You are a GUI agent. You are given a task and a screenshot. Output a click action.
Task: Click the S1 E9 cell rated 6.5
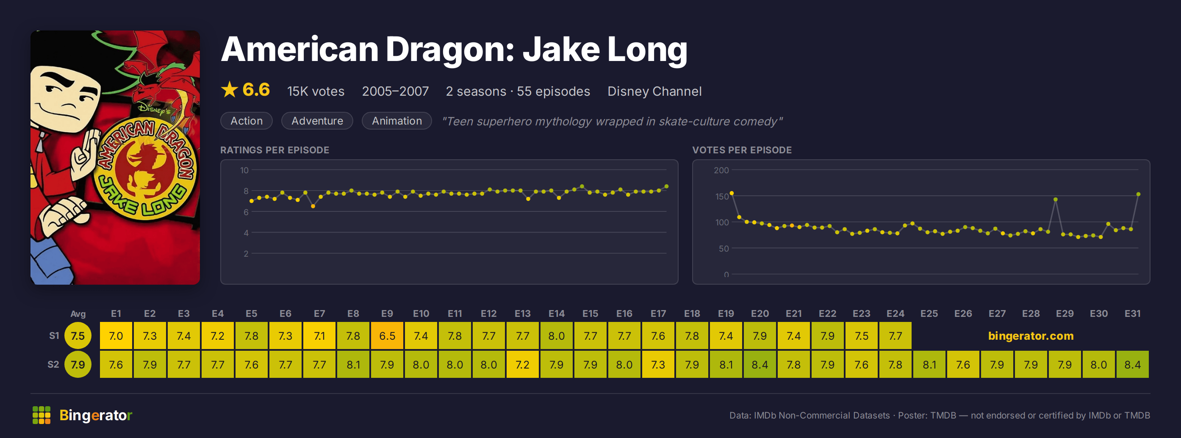tap(387, 336)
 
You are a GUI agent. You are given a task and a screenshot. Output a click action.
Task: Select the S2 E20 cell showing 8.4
tap(760, 365)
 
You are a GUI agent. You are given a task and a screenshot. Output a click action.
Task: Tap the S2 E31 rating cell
tap(1132, 365)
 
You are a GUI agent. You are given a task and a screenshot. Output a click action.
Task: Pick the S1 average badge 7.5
tap(78, 336)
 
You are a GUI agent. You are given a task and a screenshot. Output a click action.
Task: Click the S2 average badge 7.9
tap(78, 365)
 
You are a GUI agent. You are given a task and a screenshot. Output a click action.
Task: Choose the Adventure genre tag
tap(317, 121)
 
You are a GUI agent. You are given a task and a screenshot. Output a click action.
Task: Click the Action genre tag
tap(247, 121)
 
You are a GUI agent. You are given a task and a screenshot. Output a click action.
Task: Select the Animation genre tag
tap(397, 121)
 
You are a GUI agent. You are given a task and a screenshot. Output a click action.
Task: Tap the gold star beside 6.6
tap(229, 89)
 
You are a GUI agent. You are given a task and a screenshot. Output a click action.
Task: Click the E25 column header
tap(929, 314)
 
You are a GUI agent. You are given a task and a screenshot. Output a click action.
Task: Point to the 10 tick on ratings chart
tap(244, 170)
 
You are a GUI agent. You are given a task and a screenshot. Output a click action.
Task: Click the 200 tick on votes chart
tap(721, 170)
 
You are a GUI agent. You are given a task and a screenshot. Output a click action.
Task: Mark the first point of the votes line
tap(732, 193)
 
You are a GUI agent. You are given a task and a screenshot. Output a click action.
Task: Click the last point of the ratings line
tap(667, 187)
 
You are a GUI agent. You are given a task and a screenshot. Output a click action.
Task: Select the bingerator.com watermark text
tap(1031, 336)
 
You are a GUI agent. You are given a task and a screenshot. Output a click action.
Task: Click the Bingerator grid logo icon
tap(41, 415)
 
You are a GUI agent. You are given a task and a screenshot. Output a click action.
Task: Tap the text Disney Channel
tap(654, 91)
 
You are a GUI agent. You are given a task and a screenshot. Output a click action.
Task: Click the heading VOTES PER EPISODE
tap(742, 150)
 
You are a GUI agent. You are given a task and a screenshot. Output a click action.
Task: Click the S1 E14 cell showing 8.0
tap(557, 336)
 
